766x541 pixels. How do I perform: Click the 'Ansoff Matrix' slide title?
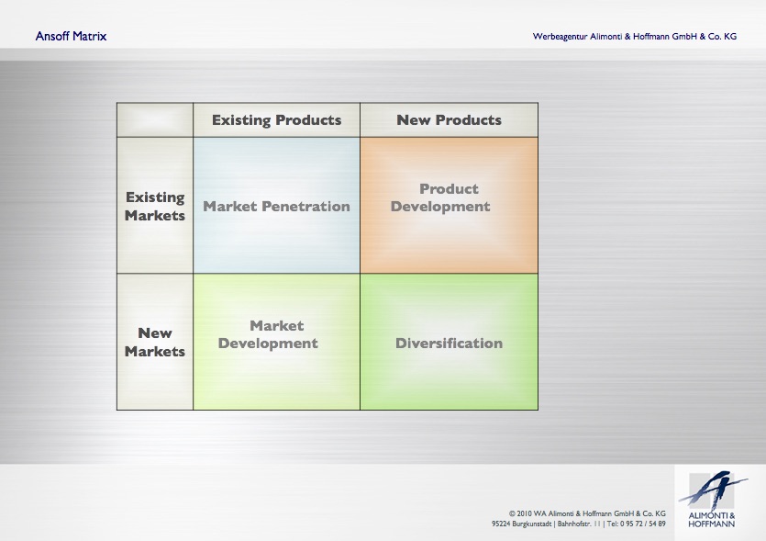click(71, 36)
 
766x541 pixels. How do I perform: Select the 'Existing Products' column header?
click(276, 120)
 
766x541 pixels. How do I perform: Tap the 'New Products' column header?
click(449, 119)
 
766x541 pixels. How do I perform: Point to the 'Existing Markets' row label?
click(155, 207)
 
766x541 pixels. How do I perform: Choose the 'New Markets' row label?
click(155, 342)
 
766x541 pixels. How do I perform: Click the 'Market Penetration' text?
click(276, 207)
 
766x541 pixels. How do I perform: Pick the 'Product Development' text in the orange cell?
click(440, 197)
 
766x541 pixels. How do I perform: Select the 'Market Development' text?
click(268, 334)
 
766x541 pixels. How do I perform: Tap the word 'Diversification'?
click(449, 343)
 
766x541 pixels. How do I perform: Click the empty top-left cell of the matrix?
click(155, 119)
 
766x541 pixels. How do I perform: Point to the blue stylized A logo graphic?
click(713, 490)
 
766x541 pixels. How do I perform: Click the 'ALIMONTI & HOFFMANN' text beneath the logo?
click(712, 520)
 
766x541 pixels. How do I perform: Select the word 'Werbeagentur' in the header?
click(560, 37)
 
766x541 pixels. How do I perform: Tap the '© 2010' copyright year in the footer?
click(520, 513)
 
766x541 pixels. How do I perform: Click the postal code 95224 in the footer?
click(501, 524)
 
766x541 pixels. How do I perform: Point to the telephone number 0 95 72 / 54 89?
click(643, 524)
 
